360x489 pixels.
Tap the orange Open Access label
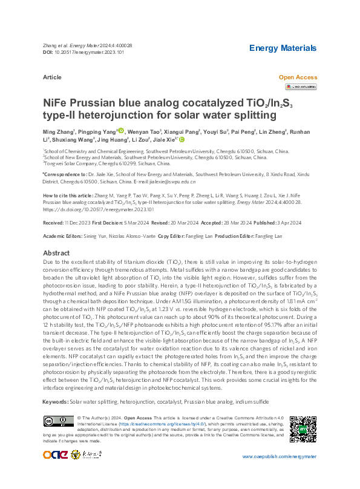click(298, 77)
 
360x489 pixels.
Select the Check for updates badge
click(301, 87)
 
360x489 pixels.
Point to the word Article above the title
click(53, 77)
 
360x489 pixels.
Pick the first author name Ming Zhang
click(58, 131)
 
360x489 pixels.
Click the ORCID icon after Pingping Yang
click(121, 131)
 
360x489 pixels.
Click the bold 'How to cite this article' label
click(68, 196)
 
